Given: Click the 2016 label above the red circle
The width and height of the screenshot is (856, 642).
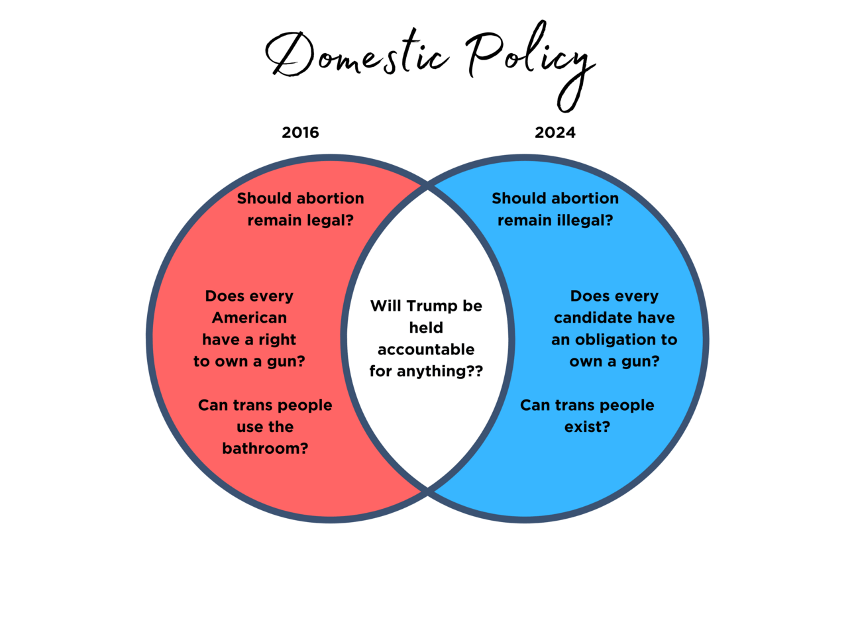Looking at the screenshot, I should pyautogui.click(x=300, y=133).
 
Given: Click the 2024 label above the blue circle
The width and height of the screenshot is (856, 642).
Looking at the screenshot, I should pyautogui.click(x=555, y=133).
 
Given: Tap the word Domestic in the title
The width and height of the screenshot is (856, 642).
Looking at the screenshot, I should pyautogui.click(x=358, y=56).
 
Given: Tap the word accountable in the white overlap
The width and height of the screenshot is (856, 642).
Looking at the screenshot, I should pyautogui.click(x=426, y=350).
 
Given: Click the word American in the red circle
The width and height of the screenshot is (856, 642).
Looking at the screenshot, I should pyautogui.click(x=249, y=318).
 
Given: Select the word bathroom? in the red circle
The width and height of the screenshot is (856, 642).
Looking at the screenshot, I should pyautogui.click(x=265, y=449).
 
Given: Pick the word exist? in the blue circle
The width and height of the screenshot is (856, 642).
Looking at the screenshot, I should pyautogui.click(x=587, y=427).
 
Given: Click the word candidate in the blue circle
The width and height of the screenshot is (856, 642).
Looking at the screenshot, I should pyautogui.click(x=586, y=318).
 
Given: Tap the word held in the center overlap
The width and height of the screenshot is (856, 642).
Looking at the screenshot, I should pyautogui.click(x=426, y=328).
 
